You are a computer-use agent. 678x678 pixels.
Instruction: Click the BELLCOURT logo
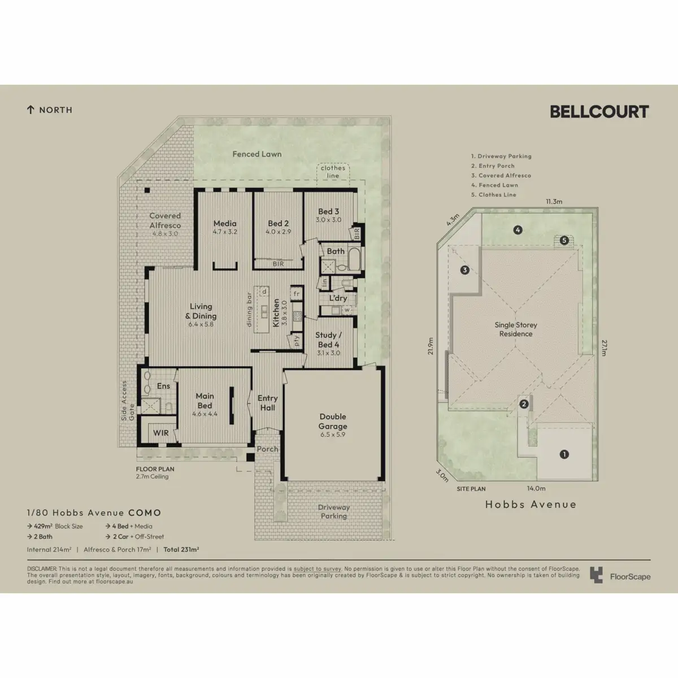[599, 111]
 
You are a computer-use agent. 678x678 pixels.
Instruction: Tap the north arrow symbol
[31, 110]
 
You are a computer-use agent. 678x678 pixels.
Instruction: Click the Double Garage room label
[332, 421]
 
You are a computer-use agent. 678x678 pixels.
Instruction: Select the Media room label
[225, 224]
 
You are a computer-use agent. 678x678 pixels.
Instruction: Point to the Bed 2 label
[278, 224]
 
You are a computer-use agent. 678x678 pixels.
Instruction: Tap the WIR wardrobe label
[161, 433]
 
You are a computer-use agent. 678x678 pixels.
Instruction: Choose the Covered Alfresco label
[165, 220]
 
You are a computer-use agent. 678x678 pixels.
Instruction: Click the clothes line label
[333, 172]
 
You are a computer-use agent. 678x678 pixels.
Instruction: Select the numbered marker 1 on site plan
[563, 454]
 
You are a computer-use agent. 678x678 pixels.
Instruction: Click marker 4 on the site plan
[517, 229]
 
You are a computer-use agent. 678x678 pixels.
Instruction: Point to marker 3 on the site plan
[464, 270]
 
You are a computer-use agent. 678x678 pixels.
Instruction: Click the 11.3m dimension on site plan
[554, 202]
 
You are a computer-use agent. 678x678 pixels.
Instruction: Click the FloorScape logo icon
[596, 575]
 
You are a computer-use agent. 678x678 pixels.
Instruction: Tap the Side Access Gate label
[128, 401]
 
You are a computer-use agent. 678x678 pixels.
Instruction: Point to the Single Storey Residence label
[516, 329]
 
